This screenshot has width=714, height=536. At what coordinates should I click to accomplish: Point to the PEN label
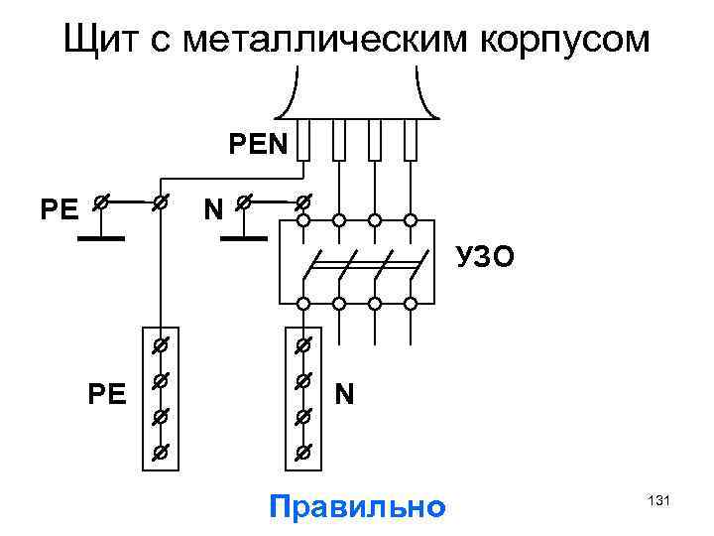click(x=257, y=146)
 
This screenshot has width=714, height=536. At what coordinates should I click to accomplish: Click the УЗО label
click(x=485, y=258)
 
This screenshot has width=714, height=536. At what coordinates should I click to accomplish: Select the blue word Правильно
click(x=357, y=507)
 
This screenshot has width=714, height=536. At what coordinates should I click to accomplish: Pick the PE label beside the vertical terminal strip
click(x=107, y=395)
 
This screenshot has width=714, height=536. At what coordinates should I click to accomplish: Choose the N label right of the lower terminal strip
click(x=344, y=394)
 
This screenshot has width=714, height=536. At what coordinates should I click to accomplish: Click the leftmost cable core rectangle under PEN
click(x=304, y=140)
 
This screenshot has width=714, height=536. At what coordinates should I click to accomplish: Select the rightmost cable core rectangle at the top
click(x=411, y=140)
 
